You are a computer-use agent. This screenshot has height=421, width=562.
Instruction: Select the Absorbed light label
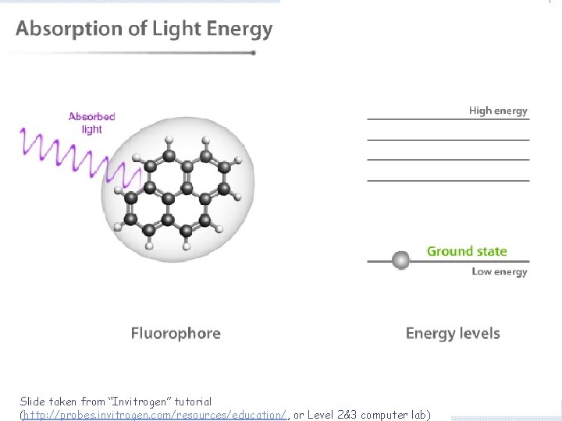(x=91, y=122)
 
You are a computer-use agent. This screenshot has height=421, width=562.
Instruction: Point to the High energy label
(x=498, y=111)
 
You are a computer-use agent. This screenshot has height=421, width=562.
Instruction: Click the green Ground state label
(x=467, y=251)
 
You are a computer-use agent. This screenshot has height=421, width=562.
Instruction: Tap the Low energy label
(x=500, y=271)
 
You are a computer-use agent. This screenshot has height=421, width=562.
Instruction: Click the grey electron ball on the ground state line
(x=401, y=260)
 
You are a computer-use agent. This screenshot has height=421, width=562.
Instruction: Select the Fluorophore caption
(x=176, y=334)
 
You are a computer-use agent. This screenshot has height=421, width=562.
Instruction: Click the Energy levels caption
(x=453, y=334)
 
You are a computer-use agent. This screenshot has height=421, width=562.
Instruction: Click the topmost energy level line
(x=448, y=119)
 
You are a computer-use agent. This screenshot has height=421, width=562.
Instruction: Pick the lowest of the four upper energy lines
(x=448, y=180)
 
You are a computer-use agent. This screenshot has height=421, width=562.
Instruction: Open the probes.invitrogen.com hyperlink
(x=156, y=415)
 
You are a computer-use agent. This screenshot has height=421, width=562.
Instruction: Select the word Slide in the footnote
(x=33, y=402)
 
